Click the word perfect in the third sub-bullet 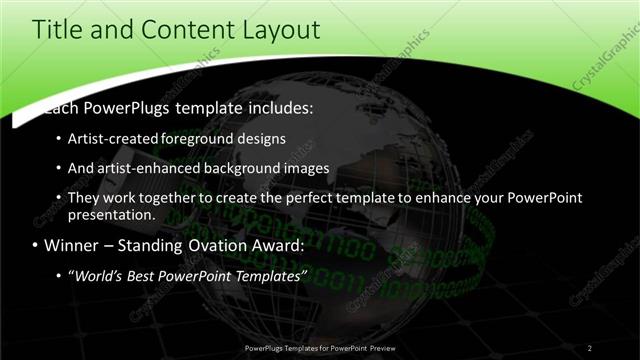306,198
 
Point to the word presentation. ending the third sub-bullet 112,214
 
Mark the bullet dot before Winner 36,246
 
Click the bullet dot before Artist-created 59,138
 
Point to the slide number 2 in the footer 590,348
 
